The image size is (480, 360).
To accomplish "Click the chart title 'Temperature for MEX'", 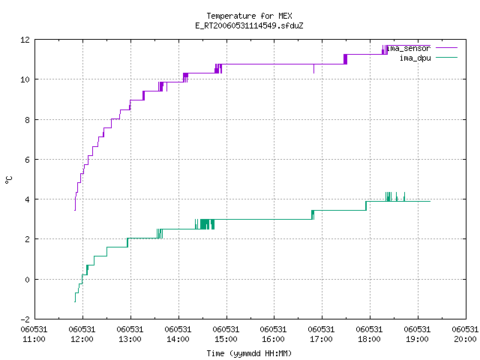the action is click(249, 16).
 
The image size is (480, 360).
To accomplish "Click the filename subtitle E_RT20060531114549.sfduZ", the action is click(249, 25).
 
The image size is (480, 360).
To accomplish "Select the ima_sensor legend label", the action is click(408, 48).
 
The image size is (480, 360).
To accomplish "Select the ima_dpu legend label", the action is click(415, 58).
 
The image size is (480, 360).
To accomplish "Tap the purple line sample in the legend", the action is click(446, 48).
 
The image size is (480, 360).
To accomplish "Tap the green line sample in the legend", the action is click(446, 57).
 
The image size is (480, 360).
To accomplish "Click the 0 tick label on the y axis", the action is click(27, 280).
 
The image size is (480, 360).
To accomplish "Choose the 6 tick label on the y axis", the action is click(27, 160).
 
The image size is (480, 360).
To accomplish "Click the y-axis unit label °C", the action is click(9, 180).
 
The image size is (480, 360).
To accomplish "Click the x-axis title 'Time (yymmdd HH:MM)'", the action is click(249, 353).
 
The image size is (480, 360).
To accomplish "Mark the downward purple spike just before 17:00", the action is click(313, 69).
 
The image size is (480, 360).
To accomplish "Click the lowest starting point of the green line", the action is click(75, 302).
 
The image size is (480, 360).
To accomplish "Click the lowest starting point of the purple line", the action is click(75, 210).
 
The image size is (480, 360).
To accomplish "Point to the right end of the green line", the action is click(430, 201).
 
